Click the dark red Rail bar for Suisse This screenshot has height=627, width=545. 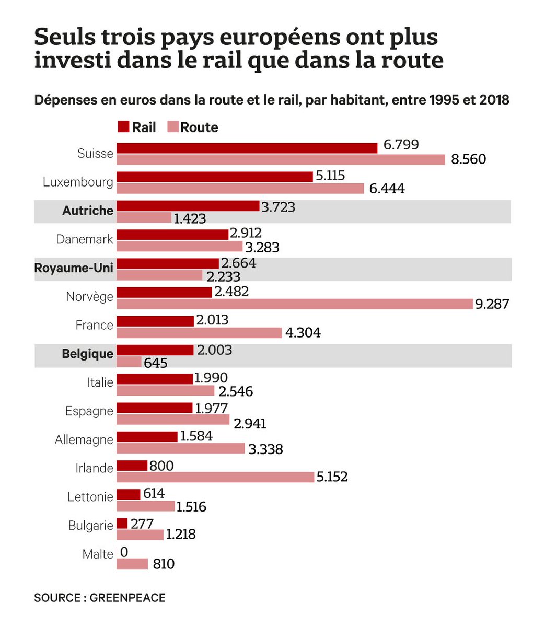coord(247,148)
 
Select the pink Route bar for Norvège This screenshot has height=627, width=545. coord(294,304)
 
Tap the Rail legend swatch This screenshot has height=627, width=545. coord(123,127)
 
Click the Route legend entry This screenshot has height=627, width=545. coord(192,127)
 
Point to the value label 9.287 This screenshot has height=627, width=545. coord(492,304)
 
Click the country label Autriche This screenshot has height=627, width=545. coord(88,211)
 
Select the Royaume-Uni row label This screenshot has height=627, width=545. coord(74,268)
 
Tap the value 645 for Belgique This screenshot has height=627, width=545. coord(156,363)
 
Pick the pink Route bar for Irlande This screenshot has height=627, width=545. coord(215,477)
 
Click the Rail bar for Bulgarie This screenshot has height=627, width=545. coord(122,523)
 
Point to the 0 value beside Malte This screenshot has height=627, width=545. coord(124,552)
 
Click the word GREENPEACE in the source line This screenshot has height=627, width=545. coord(127,598)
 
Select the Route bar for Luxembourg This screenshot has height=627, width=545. coord(240,188)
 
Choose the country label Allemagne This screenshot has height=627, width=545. coord(84,440)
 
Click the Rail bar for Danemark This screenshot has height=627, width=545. coord(172,234)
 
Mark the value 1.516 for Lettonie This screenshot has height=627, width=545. coord(191,507)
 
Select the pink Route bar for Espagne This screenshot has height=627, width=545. coord(173,420)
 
